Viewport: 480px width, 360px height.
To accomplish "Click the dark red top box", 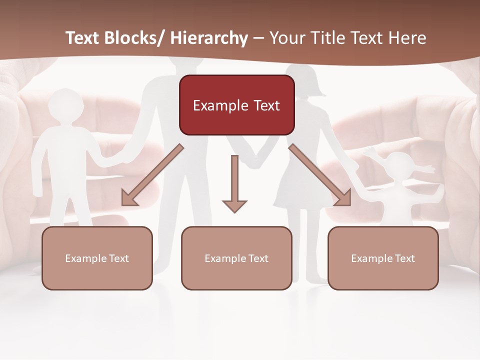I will (236, 105).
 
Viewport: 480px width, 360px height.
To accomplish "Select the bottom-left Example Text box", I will (97, 258).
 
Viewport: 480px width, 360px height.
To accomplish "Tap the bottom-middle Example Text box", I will (236, 258).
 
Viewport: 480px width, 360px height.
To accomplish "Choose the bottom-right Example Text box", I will (383, 258).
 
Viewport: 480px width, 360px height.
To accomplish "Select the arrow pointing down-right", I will (320, 175).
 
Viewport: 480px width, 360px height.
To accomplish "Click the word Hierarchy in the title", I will (208, 38).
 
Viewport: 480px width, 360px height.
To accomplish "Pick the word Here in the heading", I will (407, 38).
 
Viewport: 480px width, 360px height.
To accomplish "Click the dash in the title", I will (258, 38).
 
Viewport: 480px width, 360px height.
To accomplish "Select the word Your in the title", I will (286, 38).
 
